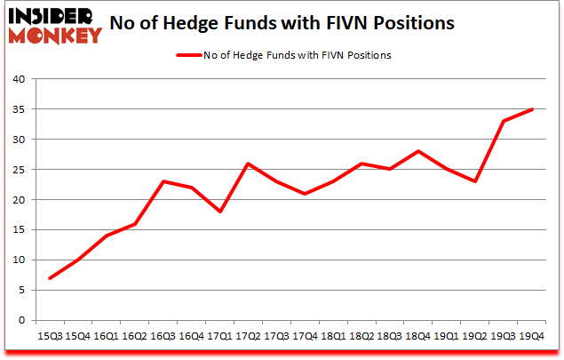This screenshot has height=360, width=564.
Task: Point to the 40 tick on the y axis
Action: (x=19, y=79)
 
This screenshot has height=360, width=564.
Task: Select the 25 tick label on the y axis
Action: (x=19, y=170)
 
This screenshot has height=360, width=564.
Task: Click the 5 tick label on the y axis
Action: (x=22, y=290)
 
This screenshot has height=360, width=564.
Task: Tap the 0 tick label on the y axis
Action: (x=22, y=320)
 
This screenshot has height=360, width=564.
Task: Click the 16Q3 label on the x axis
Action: (x=163, y=337)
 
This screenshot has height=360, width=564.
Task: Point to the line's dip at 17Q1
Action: (x=220, y=212)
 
